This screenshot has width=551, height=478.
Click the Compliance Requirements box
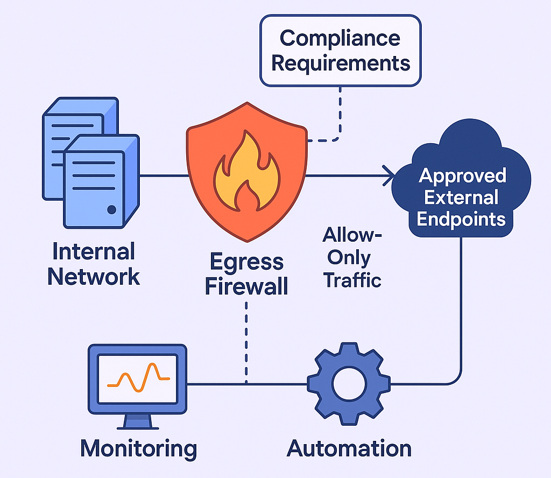(x=340, y=50)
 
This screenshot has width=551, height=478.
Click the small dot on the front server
(x=111, y=209)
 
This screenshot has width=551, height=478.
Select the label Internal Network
(x=94, y=264)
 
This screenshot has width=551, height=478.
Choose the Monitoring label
(x=139, y=448)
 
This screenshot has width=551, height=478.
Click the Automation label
(x=349, y=448)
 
